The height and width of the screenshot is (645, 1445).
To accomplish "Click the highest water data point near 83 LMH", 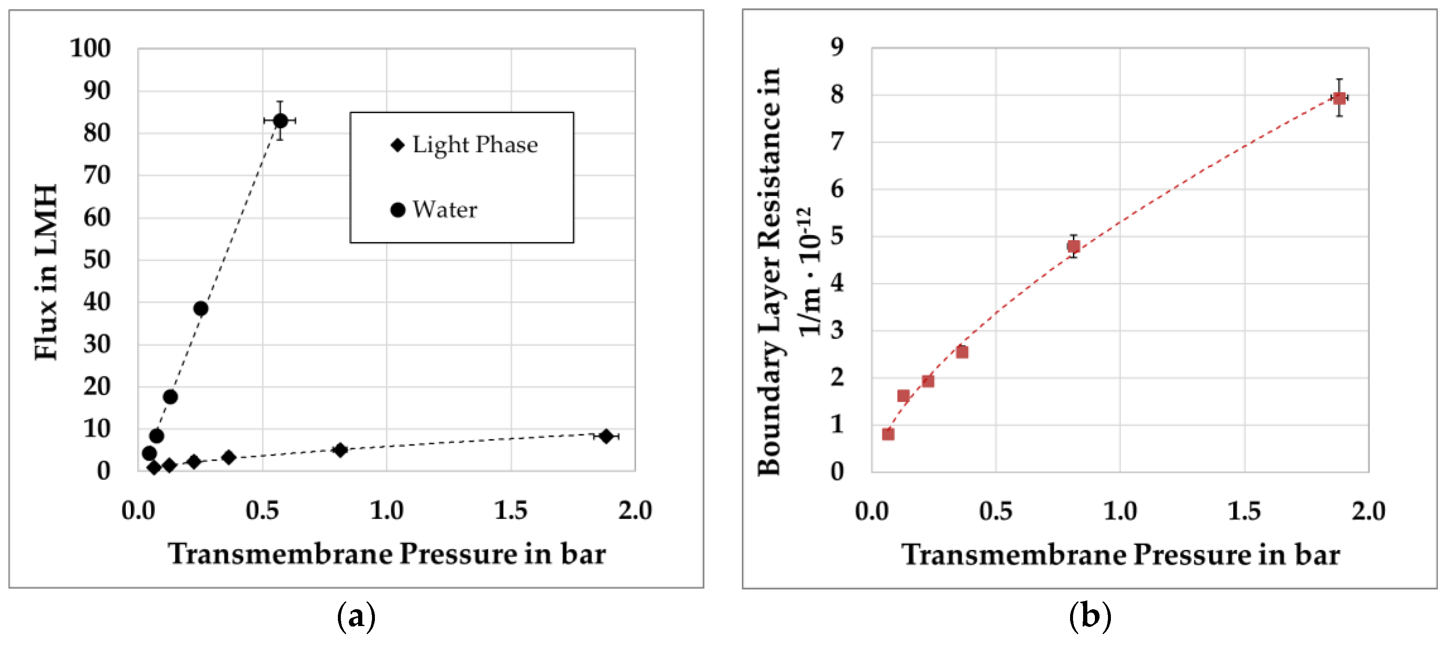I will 280,121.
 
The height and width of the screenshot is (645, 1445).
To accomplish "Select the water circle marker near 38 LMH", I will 200,308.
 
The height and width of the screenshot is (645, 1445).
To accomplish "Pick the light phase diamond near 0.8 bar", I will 340,450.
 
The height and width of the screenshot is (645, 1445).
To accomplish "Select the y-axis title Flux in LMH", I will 46,272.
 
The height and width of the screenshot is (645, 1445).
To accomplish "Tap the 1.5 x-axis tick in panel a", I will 510,510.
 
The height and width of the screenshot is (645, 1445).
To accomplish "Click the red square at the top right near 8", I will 1339,98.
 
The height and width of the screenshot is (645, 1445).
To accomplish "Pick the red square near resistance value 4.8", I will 1073,246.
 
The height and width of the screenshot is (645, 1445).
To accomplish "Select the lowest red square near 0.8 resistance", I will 888,433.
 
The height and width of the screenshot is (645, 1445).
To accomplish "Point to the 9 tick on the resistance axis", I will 837,47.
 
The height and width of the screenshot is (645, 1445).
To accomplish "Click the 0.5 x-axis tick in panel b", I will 996,511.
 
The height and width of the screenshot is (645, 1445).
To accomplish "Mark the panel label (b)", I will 1089,617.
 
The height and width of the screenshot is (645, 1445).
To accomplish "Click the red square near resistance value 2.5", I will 962,352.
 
